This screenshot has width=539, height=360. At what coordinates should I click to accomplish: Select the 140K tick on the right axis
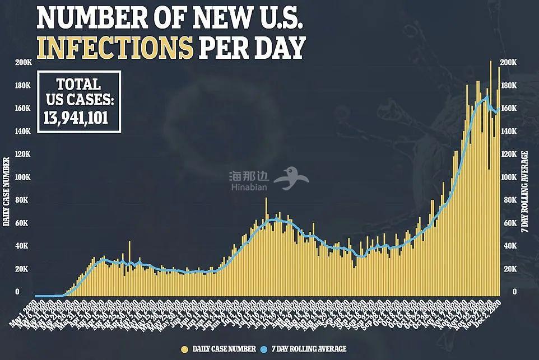[508, 131]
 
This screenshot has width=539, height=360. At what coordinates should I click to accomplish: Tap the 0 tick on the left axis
[17, 292]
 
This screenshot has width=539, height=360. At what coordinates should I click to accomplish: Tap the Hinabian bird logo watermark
[296, 178]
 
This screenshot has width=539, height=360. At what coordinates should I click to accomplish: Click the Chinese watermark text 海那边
[248, 175]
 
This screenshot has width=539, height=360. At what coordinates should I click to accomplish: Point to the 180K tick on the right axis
[508, 85]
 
